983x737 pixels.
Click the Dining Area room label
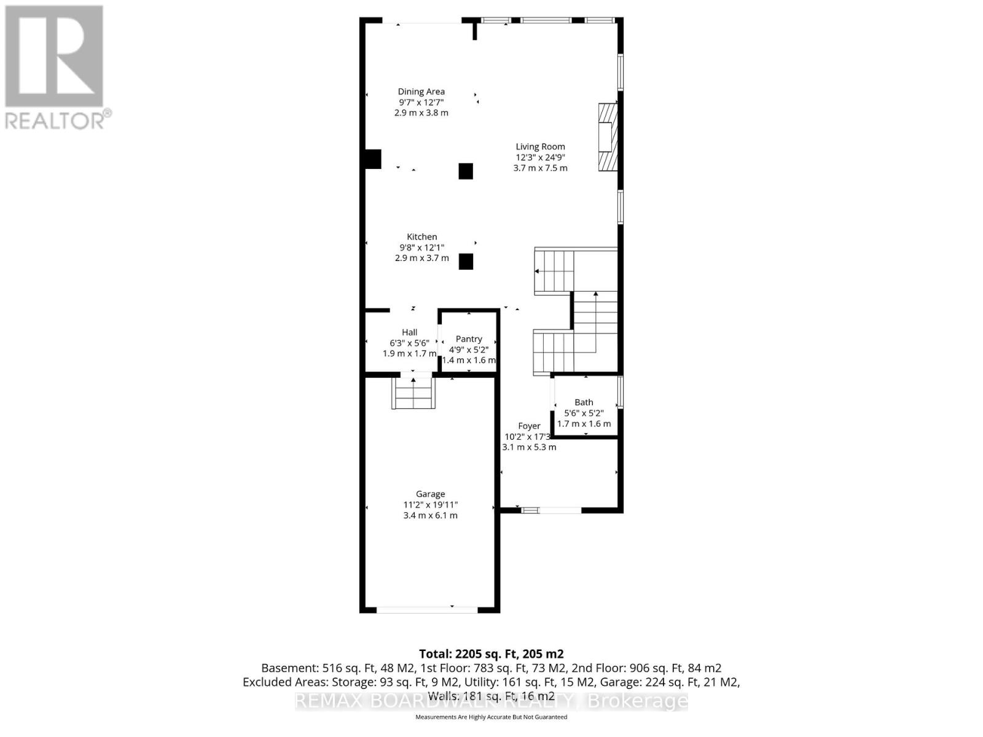point(421,92)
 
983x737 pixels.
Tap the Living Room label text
point(540,146)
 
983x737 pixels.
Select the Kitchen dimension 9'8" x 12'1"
point(421,248)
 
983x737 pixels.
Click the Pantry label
point(469,339)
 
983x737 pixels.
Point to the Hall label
point(409,332)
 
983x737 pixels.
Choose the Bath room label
point(584,402)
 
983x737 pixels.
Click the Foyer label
point(529,426)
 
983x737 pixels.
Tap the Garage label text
point(430,494)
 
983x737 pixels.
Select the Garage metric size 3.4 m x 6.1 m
point(430,515)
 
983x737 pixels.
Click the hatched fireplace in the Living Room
point(607,137)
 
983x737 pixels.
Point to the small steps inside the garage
point(413,394)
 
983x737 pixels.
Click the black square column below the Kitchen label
point(466,262)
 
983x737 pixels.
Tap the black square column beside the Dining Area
point(466,171)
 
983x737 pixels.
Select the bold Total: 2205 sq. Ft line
point(491,653)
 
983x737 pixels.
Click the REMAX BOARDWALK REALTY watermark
point(491,701)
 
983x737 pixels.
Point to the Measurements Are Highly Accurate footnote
point(491,717)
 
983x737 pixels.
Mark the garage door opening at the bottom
point(427,610)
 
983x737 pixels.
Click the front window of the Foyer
point(550,510)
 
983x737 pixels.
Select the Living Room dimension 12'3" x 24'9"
point(540,157)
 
